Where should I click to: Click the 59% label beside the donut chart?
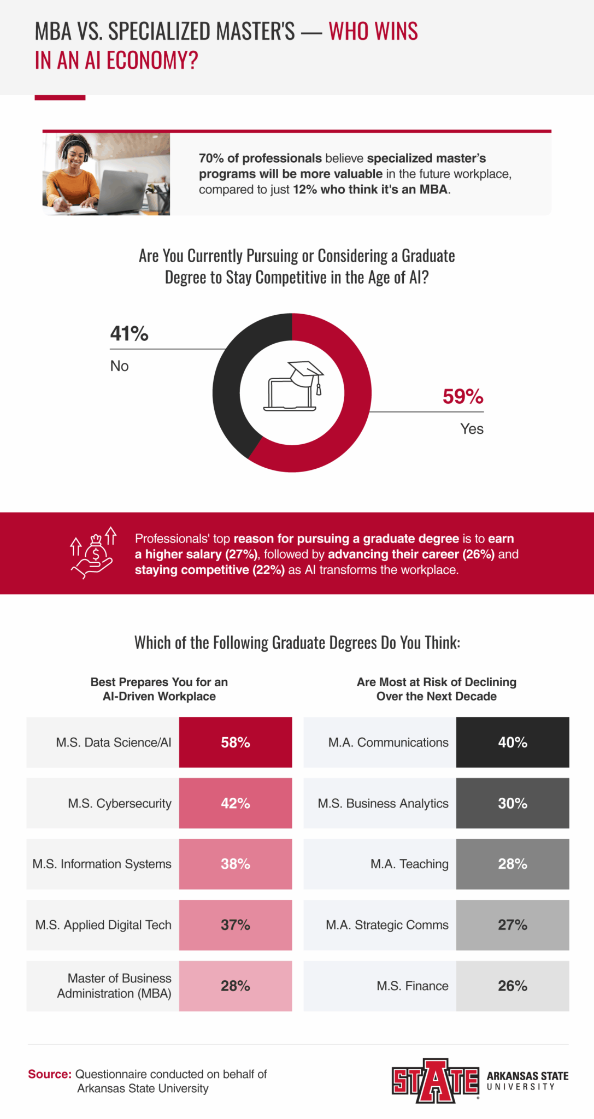462,397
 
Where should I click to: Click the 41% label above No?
129,334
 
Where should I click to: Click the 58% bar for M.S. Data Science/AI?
236,742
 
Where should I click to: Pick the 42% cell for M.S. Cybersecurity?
236,803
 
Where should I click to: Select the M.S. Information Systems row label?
102,864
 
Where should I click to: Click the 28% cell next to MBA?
236,986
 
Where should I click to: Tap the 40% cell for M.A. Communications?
513,742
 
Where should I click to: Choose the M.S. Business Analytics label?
383,803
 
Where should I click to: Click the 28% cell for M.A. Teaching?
513,864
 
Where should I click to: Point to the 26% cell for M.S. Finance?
513,986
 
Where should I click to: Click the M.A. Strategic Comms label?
387,924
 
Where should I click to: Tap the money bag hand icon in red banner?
93,553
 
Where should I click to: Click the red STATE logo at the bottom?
435,1081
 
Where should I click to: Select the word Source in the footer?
49,1074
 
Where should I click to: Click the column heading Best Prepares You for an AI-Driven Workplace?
159,689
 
